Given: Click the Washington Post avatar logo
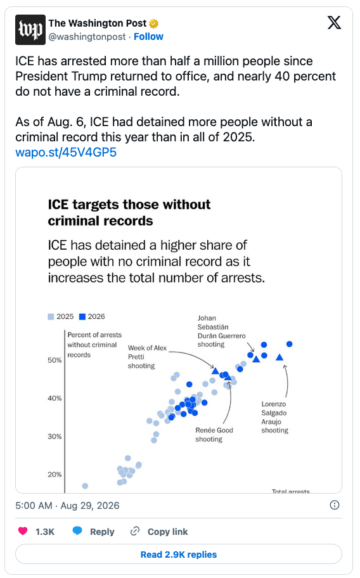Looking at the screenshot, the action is pos(30,30).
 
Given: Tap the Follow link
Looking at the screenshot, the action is pos(148,37).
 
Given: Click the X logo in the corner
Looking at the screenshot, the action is pos(334,23).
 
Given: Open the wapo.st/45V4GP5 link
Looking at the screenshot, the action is pos(66,152).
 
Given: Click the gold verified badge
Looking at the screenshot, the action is pos(153,23).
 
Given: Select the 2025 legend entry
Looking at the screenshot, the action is pos(61,316).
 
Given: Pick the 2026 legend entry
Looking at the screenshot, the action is pos(92,316).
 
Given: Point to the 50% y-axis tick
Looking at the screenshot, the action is pos(55,360).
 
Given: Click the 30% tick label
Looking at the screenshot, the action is pos(55,437).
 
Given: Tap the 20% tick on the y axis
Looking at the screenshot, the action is pos(55,475).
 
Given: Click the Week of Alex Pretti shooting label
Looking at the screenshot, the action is pos(147,357).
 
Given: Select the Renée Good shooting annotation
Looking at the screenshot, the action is pos(214,435).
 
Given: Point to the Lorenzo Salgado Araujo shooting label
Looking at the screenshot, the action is pos(275,417).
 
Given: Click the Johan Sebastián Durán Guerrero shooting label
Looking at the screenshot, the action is pos(221,331).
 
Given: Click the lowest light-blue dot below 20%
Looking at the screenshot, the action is pos(85,486).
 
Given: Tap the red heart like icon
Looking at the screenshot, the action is pos(23,531).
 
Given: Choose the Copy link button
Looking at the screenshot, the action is pos(159,532).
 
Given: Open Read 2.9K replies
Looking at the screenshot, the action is pos(179,555).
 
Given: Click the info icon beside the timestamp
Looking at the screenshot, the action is pos(335,505).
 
